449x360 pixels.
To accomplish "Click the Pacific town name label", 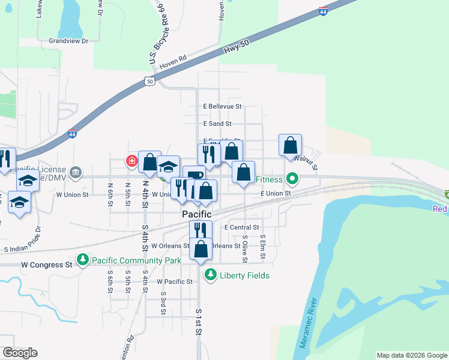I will tap(197, 214).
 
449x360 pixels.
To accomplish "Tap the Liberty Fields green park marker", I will tap(210, 275).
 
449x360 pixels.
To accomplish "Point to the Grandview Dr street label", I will tap(69, 41).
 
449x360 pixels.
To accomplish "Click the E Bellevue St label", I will tap(222, 107).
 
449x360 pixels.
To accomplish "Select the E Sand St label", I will tap(217, 124).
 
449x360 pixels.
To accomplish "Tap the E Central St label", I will tap(241, 228).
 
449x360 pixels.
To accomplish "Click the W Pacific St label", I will tap(174, 281).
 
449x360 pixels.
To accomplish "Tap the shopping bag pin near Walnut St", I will tap(290, 145).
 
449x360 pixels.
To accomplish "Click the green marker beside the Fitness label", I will tap(292, 179).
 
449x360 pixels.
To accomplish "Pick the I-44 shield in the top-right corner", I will tap(323, 11).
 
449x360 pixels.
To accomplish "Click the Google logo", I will tap(20, 353).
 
